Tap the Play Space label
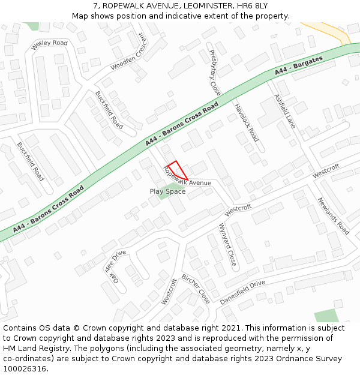[167, 191]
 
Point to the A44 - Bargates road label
[299, 65]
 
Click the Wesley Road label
[49, 43]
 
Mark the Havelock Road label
[246, 122]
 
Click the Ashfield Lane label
[285, 111]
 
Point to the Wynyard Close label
[227, 245]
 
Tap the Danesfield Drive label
[242, 292]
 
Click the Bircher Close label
[196, 289]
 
